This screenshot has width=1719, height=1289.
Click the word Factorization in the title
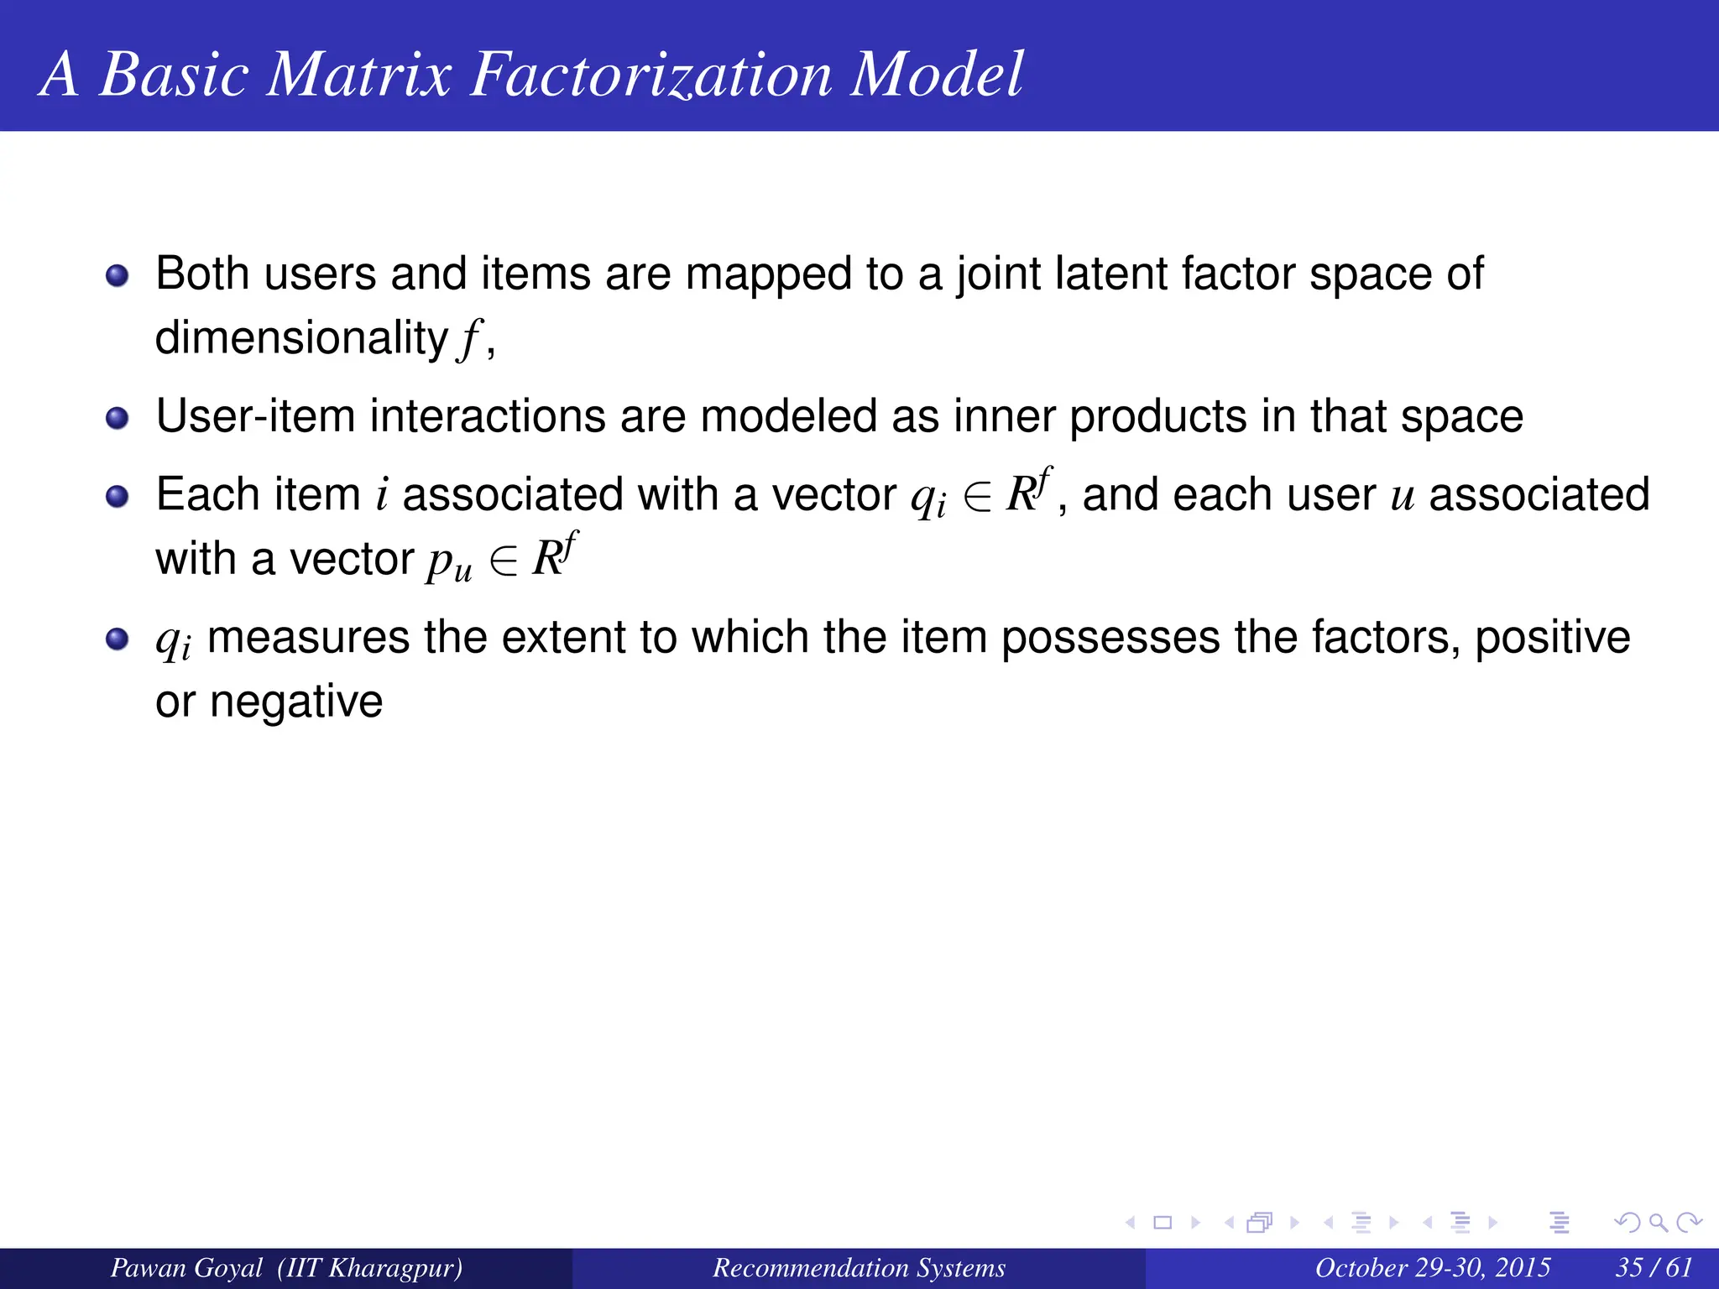651,75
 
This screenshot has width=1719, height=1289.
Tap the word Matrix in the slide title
359,75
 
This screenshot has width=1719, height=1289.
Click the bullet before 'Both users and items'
118,275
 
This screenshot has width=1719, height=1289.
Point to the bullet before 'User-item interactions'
118,418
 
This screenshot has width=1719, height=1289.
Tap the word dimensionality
301,338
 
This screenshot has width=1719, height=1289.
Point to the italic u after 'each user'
1403,496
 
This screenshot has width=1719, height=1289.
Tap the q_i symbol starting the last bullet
173,641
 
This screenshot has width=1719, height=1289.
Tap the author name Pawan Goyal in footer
186,1267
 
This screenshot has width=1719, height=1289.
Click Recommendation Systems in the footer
859,1267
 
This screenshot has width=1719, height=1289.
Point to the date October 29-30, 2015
1432,1267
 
